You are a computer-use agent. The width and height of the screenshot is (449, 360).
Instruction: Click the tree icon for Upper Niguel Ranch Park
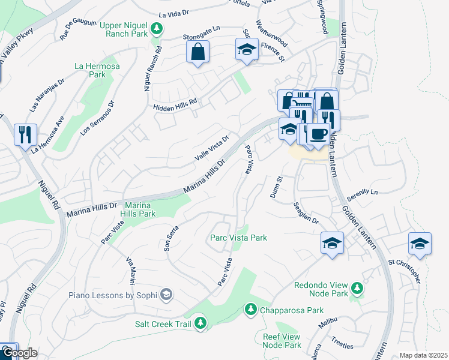[x=157, y=28]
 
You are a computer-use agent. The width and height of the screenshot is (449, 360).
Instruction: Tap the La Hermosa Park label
[x=89, y=70]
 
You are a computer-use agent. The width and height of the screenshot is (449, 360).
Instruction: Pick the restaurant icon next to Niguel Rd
[x=25, y=135]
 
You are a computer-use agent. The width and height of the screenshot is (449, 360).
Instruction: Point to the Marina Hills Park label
[x=137, y=209]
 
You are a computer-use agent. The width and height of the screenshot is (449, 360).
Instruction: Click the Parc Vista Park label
[x=238, y=238]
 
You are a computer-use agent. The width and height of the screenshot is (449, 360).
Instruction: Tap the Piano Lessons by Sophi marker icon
[x=166, y=295]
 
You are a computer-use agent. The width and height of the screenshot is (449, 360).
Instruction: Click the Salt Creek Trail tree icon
[x=200, y=324]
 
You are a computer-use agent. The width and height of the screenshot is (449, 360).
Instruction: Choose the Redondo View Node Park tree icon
[x=357, y=288]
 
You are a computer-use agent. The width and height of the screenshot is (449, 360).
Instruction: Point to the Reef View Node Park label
[x=282, y=341]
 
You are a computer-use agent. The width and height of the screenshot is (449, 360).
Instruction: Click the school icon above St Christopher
[x=420, y=244]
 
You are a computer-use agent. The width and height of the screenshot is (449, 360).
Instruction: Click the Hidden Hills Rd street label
[x=175, y=104]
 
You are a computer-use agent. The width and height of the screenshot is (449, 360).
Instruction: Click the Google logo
[x=19, y=353]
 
